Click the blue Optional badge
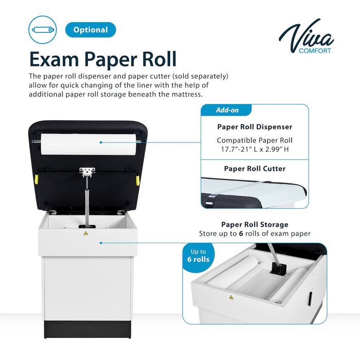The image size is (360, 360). tap(91, 30)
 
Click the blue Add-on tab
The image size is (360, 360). tap(226, 110)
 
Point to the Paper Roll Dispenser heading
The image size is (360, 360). tap(255, 127)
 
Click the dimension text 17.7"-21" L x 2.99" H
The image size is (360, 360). tap(255, 149)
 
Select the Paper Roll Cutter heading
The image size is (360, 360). tap(255, 168)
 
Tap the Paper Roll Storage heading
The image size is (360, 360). tap(255, 224)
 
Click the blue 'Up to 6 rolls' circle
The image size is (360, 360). tap(199, 256)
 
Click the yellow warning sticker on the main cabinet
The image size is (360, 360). tap(85, 233)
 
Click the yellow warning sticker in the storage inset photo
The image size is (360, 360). tap(231, 297)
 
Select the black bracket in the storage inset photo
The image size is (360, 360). tap(278, 268)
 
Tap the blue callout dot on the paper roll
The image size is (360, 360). tap(101, 142)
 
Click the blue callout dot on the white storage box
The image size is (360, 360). tap(102, 242)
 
